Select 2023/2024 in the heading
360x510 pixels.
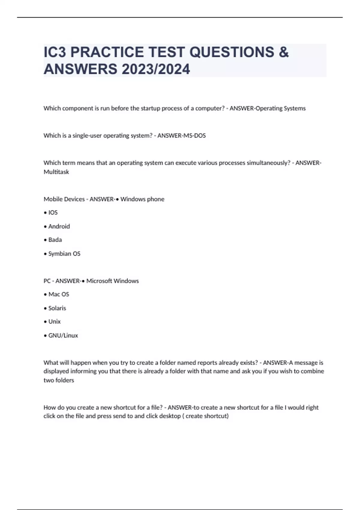coord(156,69)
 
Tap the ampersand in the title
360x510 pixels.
coord(283,52)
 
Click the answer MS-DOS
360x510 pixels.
coord(193,136)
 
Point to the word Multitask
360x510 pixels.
coord(56,172)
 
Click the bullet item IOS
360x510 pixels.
coord(53,213)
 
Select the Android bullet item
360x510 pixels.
coord(59,226)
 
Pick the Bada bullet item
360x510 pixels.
coord(55,240)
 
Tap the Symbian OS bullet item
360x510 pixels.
coord(64,254)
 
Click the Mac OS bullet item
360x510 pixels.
coord(58,294)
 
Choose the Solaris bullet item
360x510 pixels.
coord(57,308)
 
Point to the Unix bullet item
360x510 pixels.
coord(54,322)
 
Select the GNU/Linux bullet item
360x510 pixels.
coord(63,335)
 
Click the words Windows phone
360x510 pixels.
coord(142,199)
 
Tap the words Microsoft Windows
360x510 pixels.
coord(112,281)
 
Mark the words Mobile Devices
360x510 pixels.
coord(64,199)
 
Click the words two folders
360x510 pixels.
coord(59,380)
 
